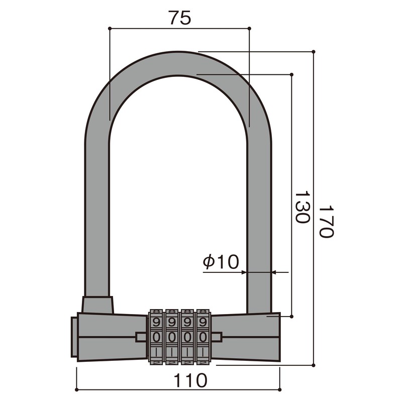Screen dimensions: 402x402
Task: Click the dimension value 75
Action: (179, 18)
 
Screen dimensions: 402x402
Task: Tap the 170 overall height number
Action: (326, 222)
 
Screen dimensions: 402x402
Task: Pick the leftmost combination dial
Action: (156, 336)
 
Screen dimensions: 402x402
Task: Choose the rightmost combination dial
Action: (203, 336)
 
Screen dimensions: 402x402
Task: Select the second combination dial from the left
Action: (172, 336)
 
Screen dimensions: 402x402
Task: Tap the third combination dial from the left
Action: (187, 336)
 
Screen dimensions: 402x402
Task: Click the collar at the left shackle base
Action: (97, 305)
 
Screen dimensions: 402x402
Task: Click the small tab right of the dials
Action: (217, 336)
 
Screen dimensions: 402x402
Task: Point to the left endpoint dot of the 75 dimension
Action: (110, 28)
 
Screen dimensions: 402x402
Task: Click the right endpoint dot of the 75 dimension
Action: (250, 28)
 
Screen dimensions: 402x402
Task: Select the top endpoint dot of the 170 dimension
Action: (314, 51)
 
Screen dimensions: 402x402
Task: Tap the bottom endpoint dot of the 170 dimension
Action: (314, 366)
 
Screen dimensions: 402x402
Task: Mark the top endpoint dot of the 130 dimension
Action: (292, 74)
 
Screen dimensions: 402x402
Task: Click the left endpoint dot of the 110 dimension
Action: (76, 389)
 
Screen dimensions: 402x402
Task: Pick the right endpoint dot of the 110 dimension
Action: (279, 389)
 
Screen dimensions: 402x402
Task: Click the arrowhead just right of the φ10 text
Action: (244, 272)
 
